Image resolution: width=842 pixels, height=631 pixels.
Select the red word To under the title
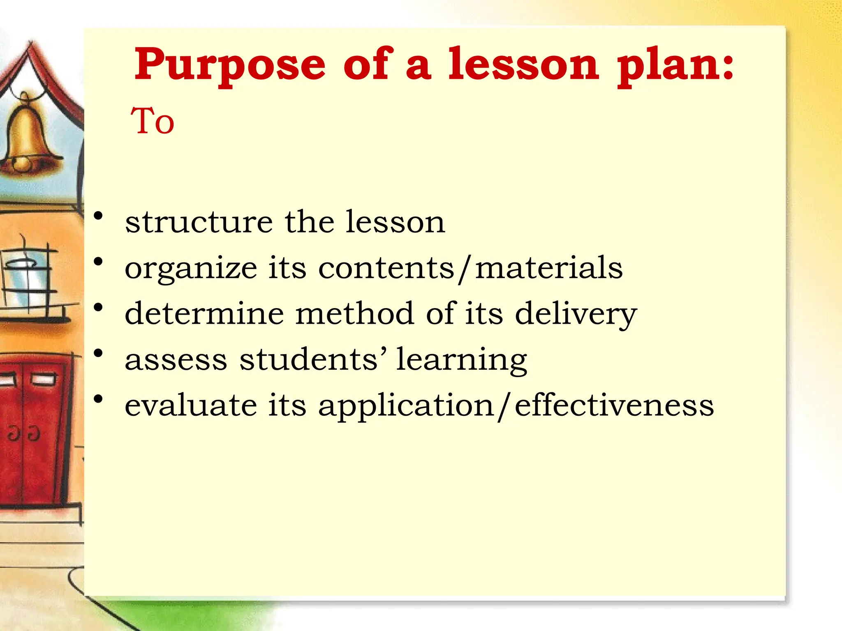click(153, 121)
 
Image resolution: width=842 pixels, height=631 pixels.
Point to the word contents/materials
click(470, 268)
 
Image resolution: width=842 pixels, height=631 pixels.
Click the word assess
click(176, 360)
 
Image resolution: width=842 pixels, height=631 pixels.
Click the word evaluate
click(191, 406)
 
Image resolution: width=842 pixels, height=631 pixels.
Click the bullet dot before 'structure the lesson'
click(98, 216)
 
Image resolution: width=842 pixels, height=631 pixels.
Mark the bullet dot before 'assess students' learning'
click(98, 353)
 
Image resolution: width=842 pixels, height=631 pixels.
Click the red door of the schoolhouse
click(33, 431)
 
